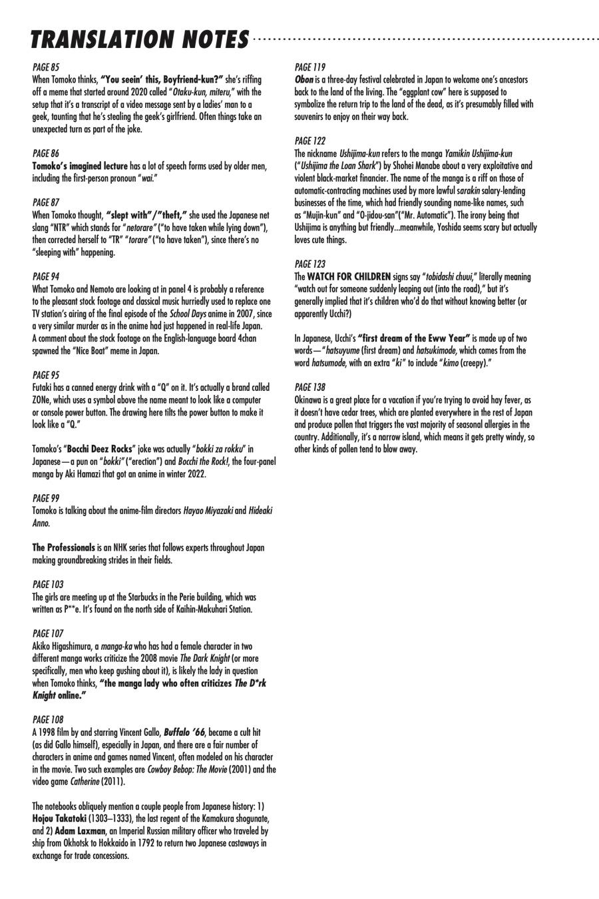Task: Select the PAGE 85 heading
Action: (45, 67)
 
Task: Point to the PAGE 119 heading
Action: (309, 67)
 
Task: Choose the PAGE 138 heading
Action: (309, 387)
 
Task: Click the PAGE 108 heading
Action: (47, 720)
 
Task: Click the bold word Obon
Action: (304, 80)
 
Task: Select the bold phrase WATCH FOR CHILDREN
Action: (349, 276)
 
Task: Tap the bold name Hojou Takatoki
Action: (59, 818)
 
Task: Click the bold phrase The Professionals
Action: (64, 547)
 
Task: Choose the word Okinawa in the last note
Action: (309, 400)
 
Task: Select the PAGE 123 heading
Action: (309, 264)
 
